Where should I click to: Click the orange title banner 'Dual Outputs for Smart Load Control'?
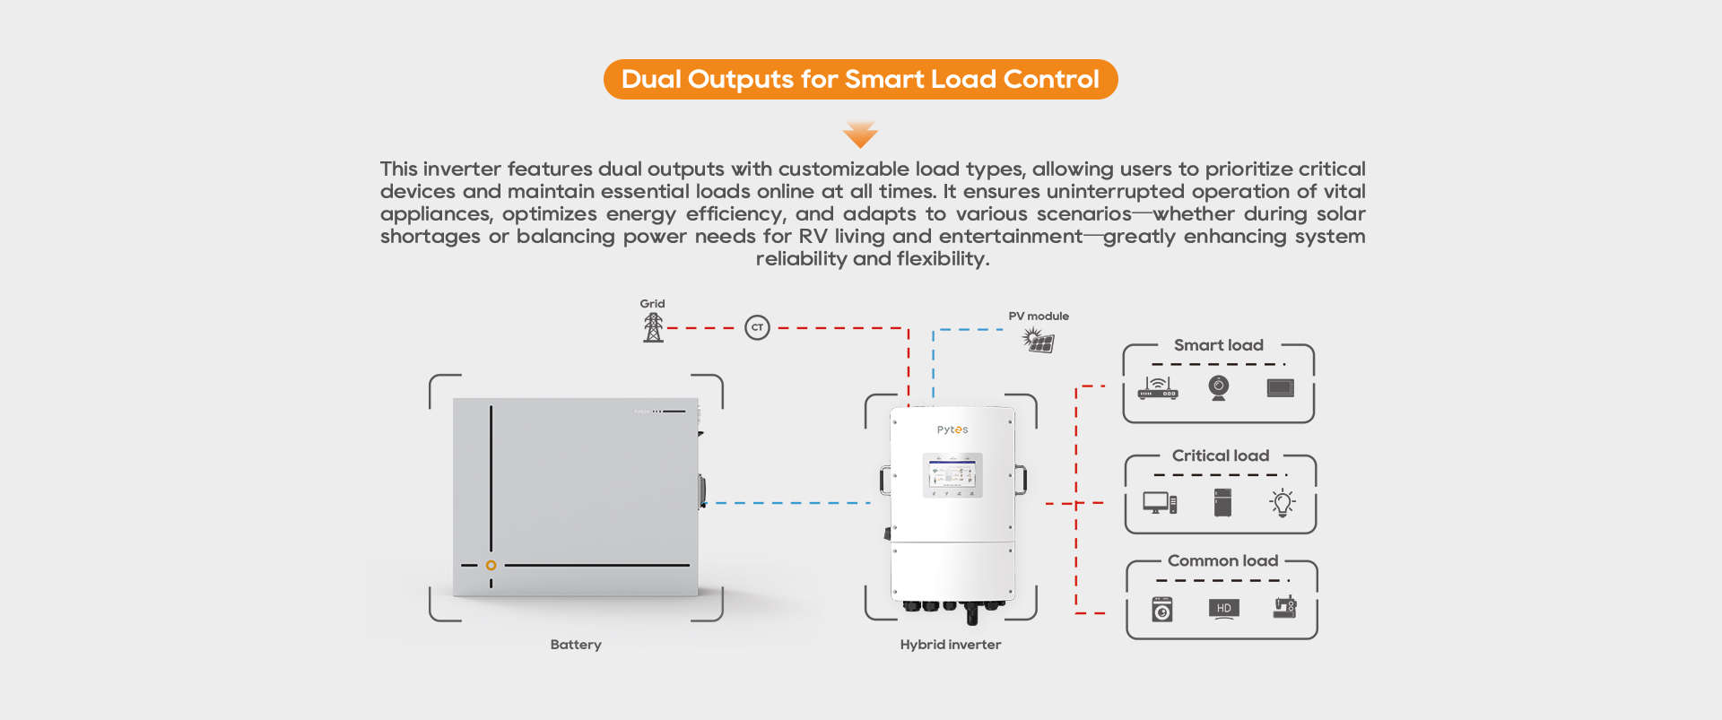860,79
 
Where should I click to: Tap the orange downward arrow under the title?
860,134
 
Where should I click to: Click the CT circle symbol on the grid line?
757,327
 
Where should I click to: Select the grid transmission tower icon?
653,327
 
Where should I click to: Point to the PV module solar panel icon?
1039,341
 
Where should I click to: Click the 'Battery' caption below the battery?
576,645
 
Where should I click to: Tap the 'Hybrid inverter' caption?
951,645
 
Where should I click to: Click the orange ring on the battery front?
491,565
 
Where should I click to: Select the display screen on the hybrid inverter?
952,474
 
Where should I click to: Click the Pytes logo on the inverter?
952,429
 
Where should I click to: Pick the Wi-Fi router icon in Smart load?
1158,387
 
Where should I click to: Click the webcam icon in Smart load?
1218,387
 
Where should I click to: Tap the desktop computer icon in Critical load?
1160,503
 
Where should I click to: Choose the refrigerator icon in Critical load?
1222,502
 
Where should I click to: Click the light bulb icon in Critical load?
1283,502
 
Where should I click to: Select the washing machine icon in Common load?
1162,610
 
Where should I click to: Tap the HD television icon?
1224,609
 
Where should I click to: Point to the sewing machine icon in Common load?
1285,607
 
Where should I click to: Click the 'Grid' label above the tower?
652,304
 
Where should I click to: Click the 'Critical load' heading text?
1221,455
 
